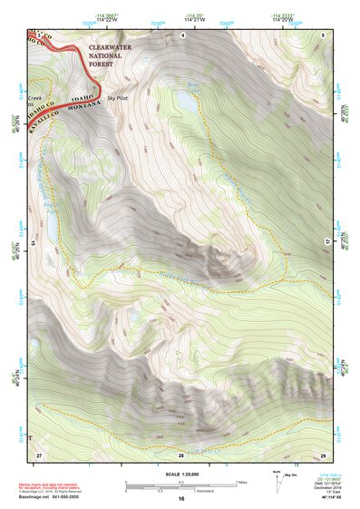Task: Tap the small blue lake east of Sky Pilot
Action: pyautogui.click(x=187, y=102)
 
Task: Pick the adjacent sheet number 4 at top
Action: pyautogui.click(x=182, y=34)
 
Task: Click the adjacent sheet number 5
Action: pyautogui.click(x=323, y=34)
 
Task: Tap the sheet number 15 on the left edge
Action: pyautogui.click(x=33, y=243)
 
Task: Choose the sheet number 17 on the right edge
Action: pyautogui.click(x=327, y=243)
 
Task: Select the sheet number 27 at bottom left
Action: pyautogui.click(x=39, y=453)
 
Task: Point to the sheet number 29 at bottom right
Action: pyautogui.click(x=323, y=453)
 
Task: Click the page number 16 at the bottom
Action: pyautogui.click(x=181, y=499)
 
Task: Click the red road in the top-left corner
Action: pyautogui.click(x=54, y=45)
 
